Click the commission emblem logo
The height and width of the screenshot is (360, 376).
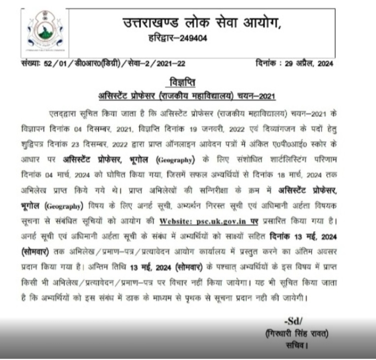[x=40, y=30]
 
